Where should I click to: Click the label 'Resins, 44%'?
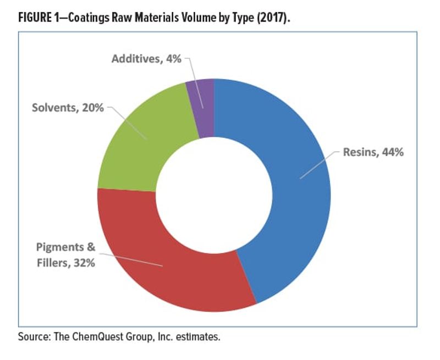[x=373, y=152]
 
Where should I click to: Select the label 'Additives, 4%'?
[x=146, y=58]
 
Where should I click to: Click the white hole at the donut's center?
[x=214, y=195]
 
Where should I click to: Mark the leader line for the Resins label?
[x=319, y=165]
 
